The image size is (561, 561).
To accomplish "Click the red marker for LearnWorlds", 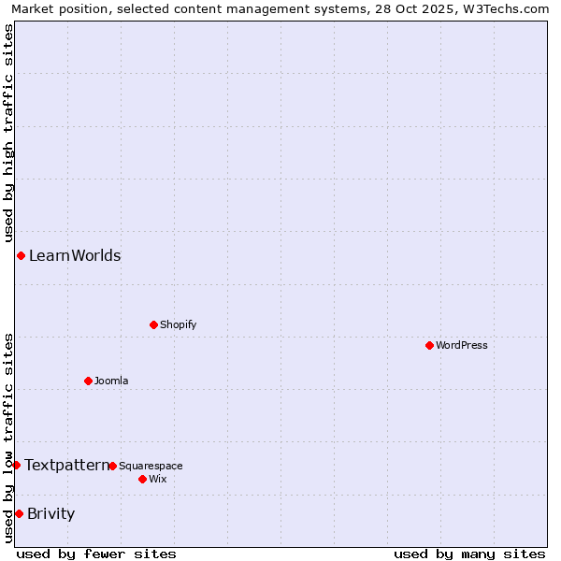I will (21, 256).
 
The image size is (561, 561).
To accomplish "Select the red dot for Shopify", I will (154, 325).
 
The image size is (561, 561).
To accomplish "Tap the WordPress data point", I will (430, 346).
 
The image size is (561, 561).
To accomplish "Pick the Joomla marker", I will (89, 381).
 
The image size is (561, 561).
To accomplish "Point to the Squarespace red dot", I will (113, 466).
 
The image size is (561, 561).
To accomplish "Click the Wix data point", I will (143, 479).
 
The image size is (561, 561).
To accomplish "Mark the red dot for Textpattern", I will (16, 465).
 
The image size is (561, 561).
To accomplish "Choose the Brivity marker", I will (19, 513).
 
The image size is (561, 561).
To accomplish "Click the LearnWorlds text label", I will (75, 256).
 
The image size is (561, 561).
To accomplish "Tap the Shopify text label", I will (178, 325).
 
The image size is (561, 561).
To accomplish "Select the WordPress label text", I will (462, 346).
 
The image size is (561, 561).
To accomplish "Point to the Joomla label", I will (111, 381).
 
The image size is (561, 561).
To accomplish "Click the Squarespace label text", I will (151, 467).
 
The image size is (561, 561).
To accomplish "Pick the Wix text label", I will (158, 480).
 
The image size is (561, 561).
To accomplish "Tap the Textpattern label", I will (66, 465).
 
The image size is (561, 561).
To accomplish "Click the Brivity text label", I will (51, 513).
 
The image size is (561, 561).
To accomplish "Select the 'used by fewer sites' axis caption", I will (96, 554).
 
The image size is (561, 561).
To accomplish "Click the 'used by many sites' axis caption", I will (469, 554).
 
